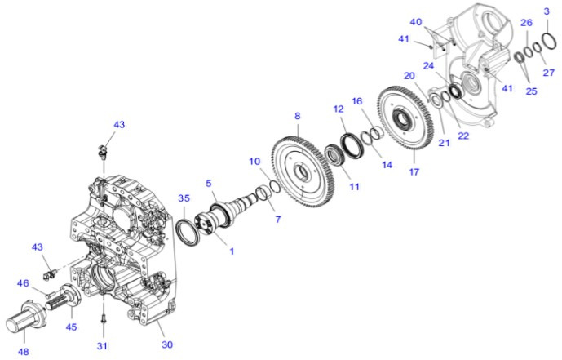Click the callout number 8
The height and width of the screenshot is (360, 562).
click(298, 116)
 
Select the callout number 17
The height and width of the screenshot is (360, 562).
click(414, 172)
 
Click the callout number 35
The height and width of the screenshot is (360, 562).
click(184, 198)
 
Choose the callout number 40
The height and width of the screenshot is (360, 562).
click(416, 21)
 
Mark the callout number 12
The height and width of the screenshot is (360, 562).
click(339, 109)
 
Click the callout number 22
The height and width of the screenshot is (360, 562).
click(463, 136)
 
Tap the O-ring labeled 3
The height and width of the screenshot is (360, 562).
click(546, 38)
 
